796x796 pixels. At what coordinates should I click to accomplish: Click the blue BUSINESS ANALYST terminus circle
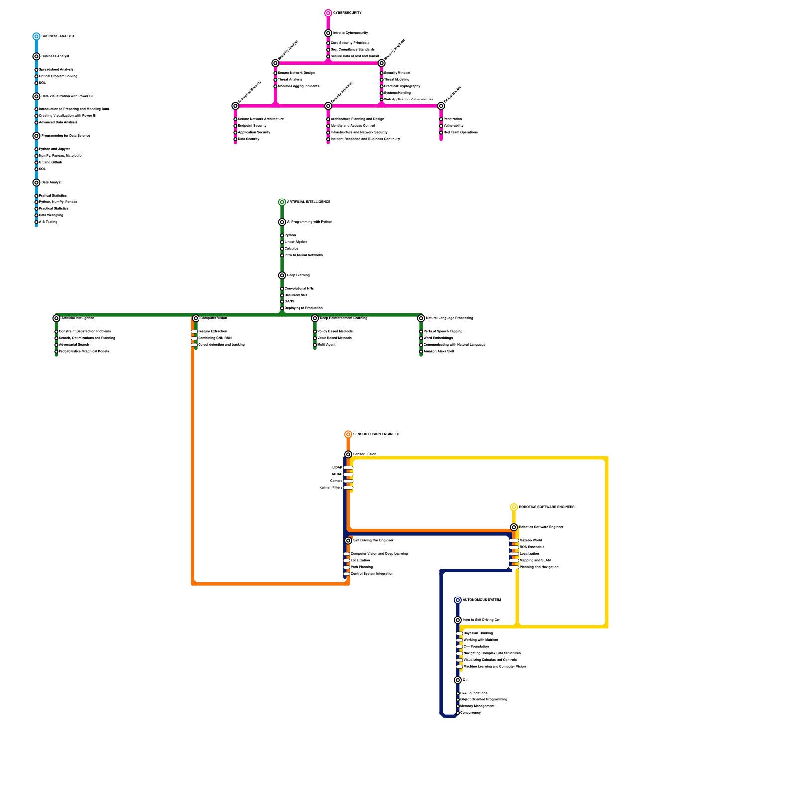(x=36, y=36)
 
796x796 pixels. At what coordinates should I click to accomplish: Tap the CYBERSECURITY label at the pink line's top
(x=347, y=13)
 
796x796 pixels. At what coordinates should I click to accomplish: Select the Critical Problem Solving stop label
(x=58, y=76)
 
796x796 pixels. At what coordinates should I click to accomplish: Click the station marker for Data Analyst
(x=36, y=183)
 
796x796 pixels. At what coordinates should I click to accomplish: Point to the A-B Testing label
(x=48, y=222)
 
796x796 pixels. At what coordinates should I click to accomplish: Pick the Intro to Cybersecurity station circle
(x=328, y=33)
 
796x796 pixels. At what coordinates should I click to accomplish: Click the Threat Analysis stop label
(x=290, y=80)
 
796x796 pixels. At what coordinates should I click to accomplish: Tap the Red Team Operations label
(x=460, y=133)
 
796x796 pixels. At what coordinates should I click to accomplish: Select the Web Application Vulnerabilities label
(x=408, y=99)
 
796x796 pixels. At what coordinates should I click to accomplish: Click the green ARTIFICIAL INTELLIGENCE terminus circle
(x=282, y=202)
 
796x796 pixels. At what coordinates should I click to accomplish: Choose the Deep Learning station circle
(x=282, y=275)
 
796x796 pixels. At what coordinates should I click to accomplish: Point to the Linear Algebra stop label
(x=296, y=242)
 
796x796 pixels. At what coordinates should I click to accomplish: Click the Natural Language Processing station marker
(x=421, y=318)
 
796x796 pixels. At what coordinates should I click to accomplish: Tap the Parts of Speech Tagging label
(x=443, y=331)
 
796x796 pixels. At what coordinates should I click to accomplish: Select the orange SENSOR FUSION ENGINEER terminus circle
(x=348, y=435)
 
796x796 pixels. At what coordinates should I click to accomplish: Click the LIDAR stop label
(x=337, y=468)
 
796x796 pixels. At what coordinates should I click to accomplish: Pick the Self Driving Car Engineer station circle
(x=348, y=541)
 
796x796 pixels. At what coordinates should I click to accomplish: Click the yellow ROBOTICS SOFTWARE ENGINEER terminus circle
(x=514, y=507)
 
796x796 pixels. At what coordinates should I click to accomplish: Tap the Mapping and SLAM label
(x=535, y=560)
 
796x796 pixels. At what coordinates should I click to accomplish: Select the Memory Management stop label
(x=477, y=706)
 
